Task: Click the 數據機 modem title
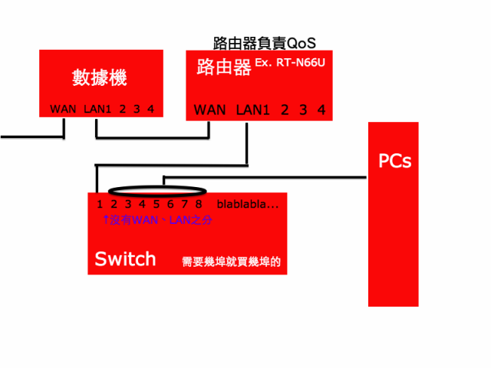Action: coord(99,77)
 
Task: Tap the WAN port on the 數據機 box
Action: coord(63,109)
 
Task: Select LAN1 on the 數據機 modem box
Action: coord(97,109)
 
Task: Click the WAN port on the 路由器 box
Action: coord(209,110)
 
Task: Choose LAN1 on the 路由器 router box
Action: coord(254,110)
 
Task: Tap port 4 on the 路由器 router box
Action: coord(321,110)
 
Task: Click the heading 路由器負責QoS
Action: coord(264,42)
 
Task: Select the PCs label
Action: coord(394,161)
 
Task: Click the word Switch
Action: coord(125,259)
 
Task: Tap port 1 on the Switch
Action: coord(100,204)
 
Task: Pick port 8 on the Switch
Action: coord(198,204)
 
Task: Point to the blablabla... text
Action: coord(248,204)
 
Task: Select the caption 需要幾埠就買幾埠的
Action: coord(231,261)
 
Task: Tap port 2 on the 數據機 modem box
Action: coord(123,109)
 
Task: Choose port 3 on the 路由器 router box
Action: coord(303,110)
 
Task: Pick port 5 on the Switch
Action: coord(156,204)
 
